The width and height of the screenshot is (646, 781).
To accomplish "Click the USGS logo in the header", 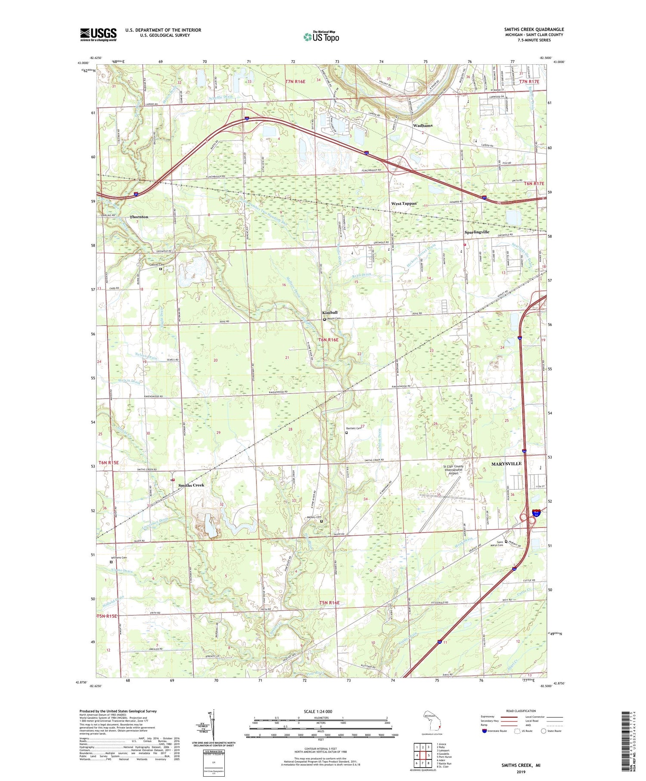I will coord(98,34).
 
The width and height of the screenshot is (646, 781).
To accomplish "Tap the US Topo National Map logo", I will coord(321,37).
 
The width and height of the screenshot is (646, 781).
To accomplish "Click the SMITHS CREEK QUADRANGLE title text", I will coord(534,29).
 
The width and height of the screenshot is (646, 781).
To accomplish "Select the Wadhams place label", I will coord(422,125).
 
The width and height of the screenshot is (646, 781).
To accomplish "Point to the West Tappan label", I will coord(404,203).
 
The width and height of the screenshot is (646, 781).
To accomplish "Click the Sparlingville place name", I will coord(477,232).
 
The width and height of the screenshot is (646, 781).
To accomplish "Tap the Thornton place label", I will coord(139,217).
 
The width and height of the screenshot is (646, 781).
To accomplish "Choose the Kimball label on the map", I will coord(330,313).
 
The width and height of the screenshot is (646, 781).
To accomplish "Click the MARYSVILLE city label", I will coord(506,464).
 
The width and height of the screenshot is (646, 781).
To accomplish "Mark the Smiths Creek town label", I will coord(191,485).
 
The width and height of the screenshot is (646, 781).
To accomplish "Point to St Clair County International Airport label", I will coord(453,470).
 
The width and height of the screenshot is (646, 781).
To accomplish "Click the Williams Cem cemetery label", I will coord(119,558).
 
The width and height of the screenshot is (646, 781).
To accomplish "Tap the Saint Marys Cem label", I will coord(500,543).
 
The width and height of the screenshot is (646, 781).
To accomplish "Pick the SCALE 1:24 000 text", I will coord(318,711).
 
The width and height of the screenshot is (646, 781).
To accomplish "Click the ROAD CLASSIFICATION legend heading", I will coord(518,711).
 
